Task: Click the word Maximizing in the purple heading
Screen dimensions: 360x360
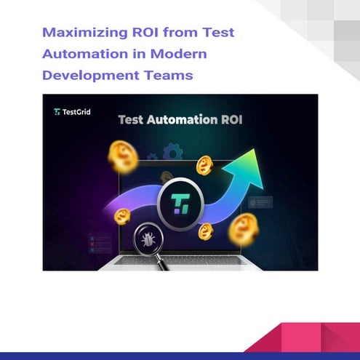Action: pos(76,33)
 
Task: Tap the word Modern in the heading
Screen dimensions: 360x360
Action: pos(181,54)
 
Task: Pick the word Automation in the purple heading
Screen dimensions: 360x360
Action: pos(87,54)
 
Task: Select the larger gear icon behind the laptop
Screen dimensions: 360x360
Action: pos(172,152)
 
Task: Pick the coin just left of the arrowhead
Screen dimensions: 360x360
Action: pos(204,165)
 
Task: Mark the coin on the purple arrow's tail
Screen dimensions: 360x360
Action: pos(122,216)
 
